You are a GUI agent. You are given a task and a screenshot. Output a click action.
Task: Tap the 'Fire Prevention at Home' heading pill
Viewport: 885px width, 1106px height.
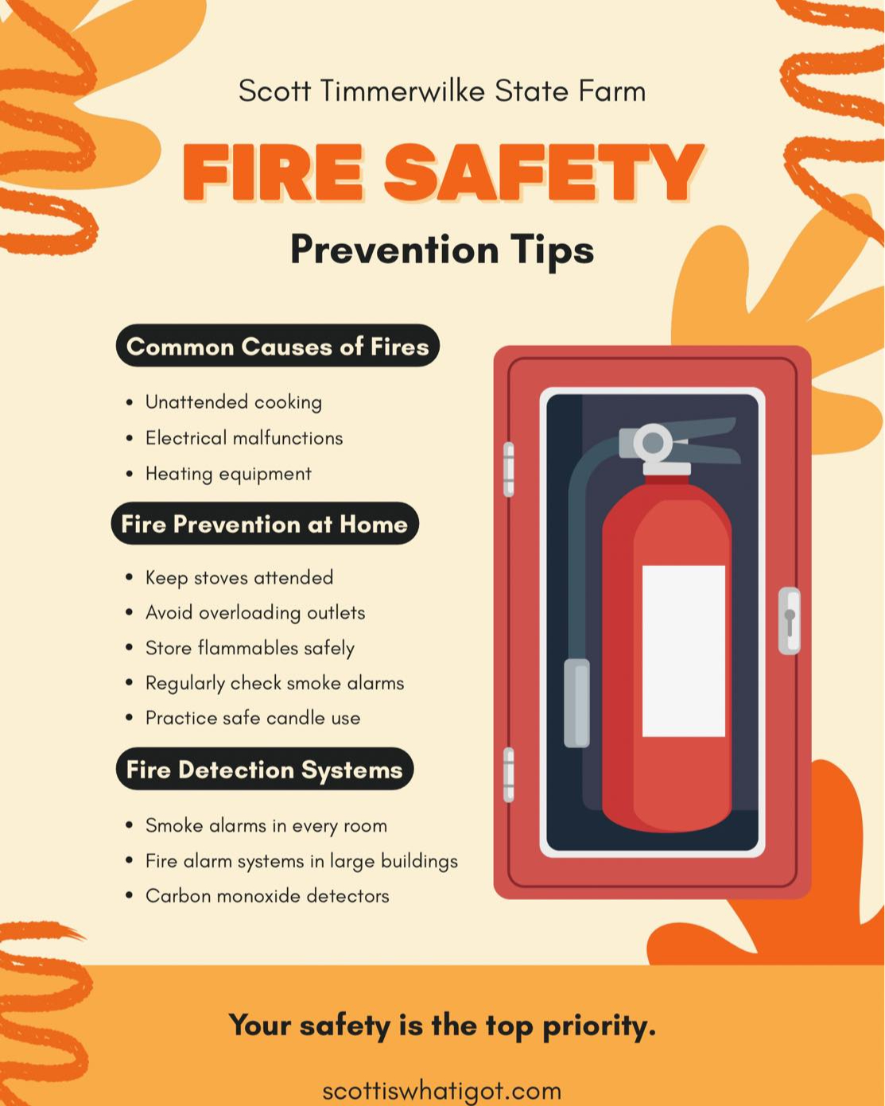pos(265,523)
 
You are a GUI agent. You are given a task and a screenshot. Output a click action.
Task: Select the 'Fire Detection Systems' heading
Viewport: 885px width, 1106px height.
pos(265,769)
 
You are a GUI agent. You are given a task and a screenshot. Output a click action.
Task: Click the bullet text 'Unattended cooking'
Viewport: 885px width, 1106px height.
pos(234,402)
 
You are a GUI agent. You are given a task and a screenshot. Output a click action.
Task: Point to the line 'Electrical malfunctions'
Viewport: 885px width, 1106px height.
pos(244,438)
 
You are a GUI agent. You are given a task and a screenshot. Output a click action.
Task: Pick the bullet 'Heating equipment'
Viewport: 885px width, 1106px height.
pos(229,474)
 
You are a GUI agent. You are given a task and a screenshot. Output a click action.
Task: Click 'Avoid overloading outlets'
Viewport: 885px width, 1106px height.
pos(255,612)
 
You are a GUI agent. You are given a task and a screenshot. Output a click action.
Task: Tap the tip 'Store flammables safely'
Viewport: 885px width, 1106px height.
pos(250,648)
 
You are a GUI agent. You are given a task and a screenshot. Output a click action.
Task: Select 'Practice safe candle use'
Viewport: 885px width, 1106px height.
pos(253,718)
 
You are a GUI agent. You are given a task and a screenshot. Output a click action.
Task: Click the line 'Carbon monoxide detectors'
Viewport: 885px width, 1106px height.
pos(267,896)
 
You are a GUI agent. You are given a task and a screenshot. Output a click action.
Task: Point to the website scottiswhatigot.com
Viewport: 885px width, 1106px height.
pos(442,1091)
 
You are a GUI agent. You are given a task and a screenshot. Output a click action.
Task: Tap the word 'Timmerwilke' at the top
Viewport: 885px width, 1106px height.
pos(402,91)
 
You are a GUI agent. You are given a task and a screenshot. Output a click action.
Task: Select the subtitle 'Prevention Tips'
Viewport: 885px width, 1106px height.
pos(442,250)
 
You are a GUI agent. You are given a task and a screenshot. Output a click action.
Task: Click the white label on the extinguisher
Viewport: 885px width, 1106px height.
pos(684,651)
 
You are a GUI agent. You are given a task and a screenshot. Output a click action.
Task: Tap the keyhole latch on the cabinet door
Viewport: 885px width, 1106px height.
pos(790,621)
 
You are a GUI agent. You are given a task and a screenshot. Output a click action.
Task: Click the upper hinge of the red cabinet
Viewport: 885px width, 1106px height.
pos(508,469)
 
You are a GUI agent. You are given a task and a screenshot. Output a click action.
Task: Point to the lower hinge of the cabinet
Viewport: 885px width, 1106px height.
pos(508,774)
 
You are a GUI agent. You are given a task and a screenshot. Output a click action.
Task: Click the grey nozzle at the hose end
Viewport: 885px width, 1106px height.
pos(576,702)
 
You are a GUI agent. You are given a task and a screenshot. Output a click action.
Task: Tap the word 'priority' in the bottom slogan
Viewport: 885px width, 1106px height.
pos(600,1026)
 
